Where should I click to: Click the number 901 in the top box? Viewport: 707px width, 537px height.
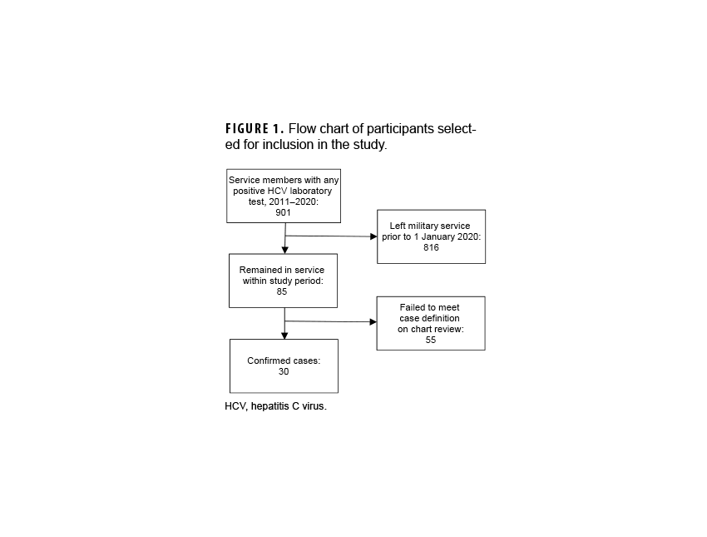pyautogui.click(x=284, y=212)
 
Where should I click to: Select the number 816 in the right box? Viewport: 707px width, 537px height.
pyautogui.click(x=431, y=247)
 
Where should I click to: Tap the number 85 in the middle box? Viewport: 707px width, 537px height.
pyautogui.click(x=282, y=292)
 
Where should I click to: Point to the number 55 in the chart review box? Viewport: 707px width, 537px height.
pyautogui.click(x=430, y=340)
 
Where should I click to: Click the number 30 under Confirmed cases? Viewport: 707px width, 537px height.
pyautogui.click(x=284, y=371)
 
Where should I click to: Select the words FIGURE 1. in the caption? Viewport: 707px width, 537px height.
pyautogui.click(x=255, y=129)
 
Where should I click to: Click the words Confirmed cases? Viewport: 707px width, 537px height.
pyautogui.click(x=283, y=360)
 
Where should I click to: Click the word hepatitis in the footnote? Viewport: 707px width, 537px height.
pyautogui.click(x=274, y=406)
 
